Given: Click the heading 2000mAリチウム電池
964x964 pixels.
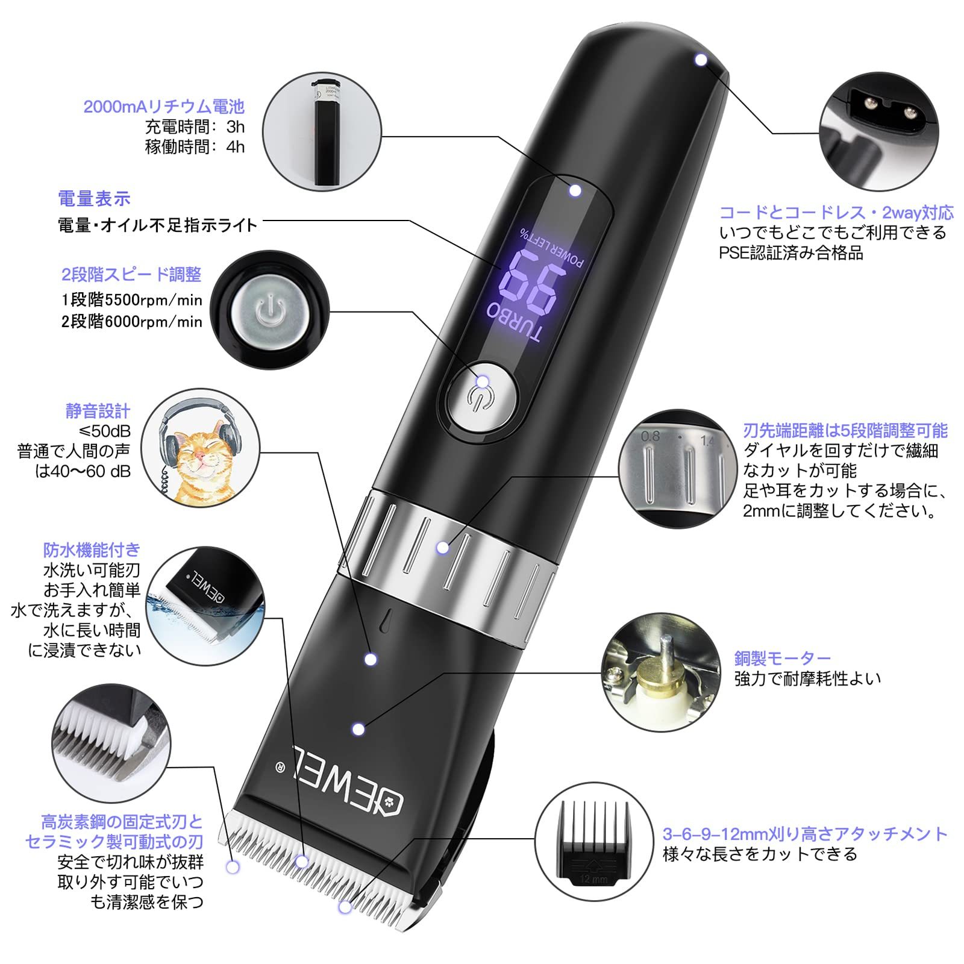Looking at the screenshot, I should click(163, 107).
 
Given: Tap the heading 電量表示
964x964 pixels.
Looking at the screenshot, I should click(94, 198).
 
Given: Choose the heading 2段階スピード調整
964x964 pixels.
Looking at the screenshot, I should click(131, 274).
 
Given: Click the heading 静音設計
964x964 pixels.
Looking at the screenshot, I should click(98, 411).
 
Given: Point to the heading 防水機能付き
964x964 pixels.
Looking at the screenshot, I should click(91, 549).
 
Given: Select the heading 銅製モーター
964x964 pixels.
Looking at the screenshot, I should click(782, 658).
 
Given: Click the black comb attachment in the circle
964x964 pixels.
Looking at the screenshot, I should click(594, 841).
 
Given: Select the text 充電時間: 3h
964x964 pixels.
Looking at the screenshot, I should click(195, 127).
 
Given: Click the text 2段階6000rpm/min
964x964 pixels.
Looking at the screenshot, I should click(131, 321).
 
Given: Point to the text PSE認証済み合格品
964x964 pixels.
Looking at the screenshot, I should click(790, 252).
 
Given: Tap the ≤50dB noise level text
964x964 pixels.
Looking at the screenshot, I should click(105, 431).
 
